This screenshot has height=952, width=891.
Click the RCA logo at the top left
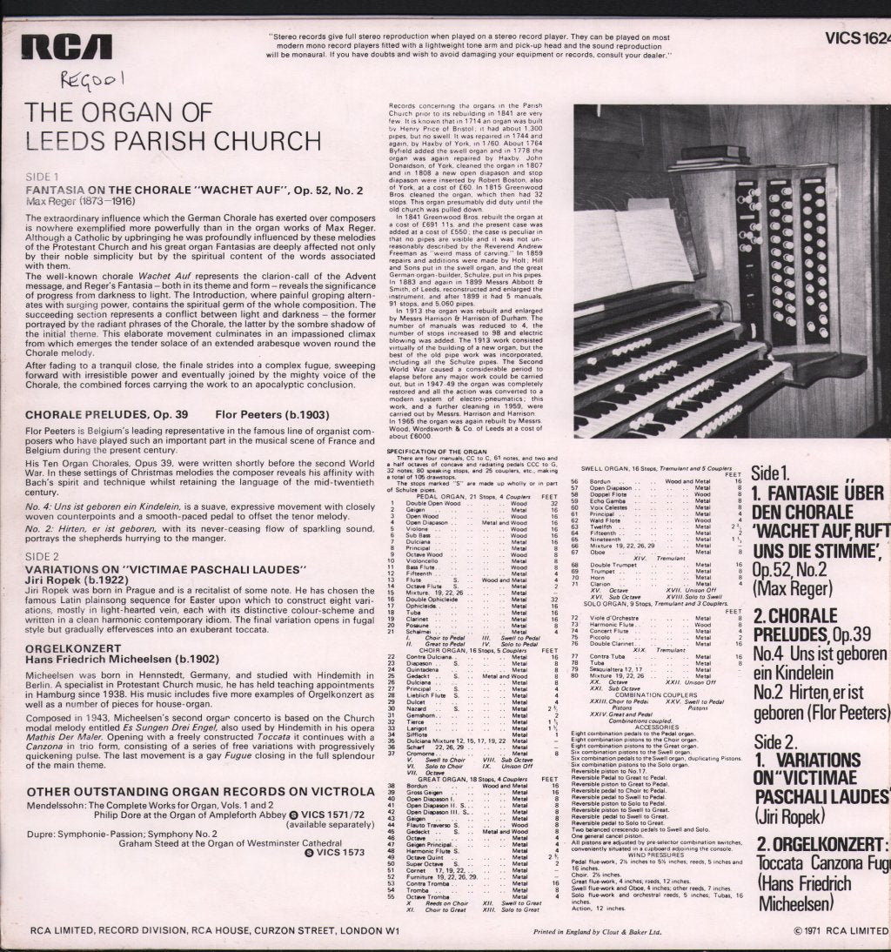click(69, 45)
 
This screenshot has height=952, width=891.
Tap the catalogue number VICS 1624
click(858, 37)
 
